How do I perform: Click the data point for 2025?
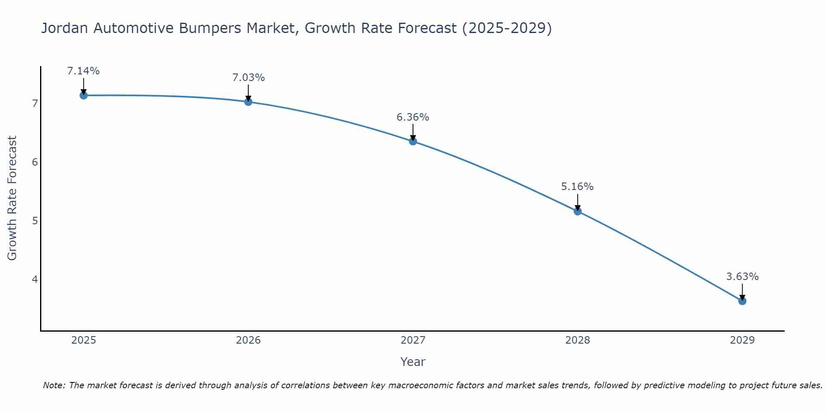83,95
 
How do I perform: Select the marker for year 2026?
248,102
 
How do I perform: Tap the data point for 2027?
413,141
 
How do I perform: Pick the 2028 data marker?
578,211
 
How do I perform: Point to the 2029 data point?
742,301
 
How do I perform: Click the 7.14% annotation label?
83,71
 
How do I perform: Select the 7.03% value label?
248,78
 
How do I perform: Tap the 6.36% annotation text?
413,117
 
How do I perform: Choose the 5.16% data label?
577,187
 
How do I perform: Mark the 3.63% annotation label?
742,277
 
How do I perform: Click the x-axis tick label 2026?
248,340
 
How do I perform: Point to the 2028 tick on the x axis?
578,340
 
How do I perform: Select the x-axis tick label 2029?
742,340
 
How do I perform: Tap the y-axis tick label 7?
35,103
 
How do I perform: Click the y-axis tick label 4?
35,280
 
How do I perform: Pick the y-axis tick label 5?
35,221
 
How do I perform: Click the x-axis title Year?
413,362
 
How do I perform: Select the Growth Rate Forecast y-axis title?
12,198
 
